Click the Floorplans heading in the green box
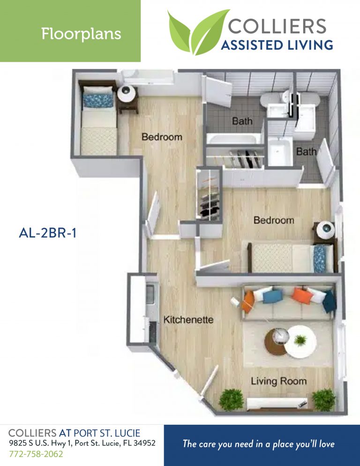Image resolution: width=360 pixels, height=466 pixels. (x=81, y=34)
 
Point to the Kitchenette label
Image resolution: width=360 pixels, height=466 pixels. (x=188, y=320)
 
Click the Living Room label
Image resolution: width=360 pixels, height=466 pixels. (x=278, y=381)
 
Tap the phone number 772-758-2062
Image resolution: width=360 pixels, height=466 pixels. (x=36, y=454)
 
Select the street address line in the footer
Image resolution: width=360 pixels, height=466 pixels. (x=82, y=443)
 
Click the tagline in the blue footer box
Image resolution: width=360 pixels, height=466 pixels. (x=259, y=444)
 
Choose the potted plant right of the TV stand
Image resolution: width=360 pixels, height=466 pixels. (x=323, y=399)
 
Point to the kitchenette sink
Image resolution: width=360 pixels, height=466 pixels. (x=150, y=295)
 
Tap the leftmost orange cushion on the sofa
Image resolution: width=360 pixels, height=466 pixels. (x=248, y=300)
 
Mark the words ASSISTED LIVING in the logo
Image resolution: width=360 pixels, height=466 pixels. (x=277, y=45)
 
